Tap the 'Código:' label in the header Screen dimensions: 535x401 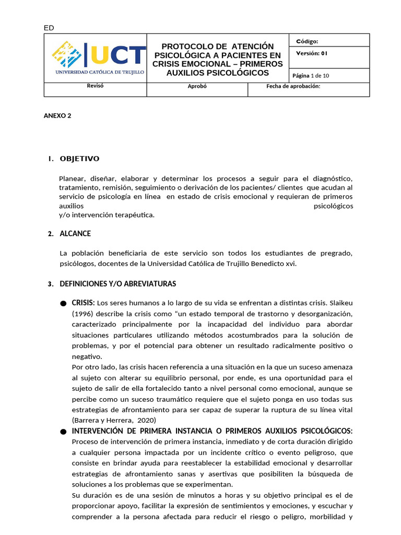[307, 41]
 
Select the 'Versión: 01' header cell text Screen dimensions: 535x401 [312, 53]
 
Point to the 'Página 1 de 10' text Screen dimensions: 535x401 [311, 75]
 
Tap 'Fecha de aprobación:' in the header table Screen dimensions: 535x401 [293, 87]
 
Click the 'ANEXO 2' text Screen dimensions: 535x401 [57, 116]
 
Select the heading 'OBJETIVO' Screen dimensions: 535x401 [79, 159]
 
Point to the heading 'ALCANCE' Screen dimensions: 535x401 [75, 234]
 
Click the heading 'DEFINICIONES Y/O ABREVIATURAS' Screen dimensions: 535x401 [118, 284]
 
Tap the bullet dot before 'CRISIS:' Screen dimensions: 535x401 [63, 304]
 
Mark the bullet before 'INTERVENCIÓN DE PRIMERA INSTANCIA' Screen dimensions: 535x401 [63, 432]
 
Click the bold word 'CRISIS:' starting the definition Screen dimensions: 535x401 [83, 303]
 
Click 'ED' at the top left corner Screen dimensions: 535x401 [48, 28]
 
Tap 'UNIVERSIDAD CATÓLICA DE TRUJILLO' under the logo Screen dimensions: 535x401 [100, 72]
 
